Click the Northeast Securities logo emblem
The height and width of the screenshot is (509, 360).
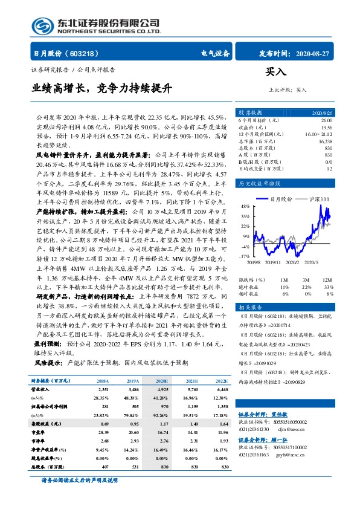coord(37,25)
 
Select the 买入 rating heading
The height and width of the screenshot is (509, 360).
coord(275,71)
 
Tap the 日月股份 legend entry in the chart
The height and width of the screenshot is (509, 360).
coord(281,199)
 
